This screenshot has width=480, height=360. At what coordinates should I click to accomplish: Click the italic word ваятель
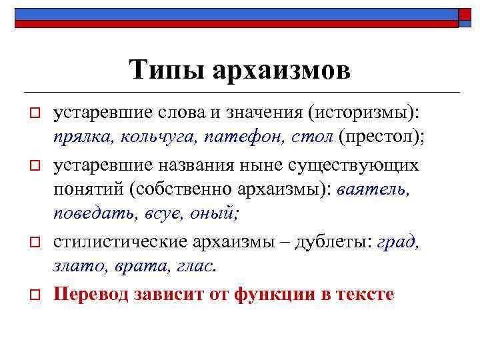point(373,189)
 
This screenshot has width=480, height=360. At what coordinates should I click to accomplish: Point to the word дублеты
point(337,241)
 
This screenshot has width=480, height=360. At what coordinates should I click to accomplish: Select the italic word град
point(397,241)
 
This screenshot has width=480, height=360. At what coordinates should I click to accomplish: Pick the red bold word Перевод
point(95,293)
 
